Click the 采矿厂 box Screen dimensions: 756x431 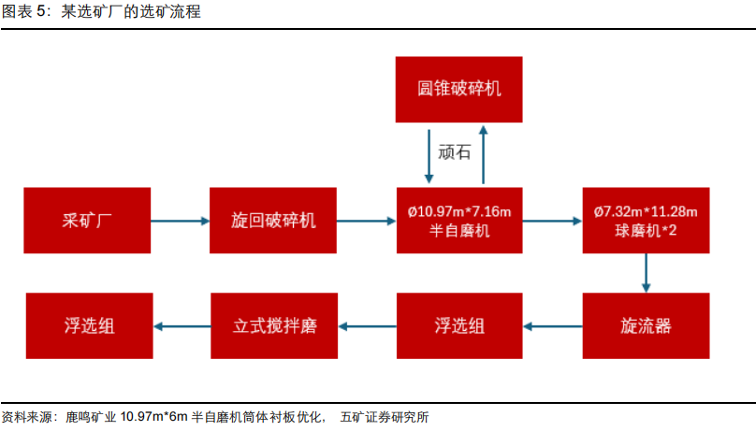[x=87, y=220]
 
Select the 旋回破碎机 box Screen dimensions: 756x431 [x=273, y=220]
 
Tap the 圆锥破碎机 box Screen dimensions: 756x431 [x=459, y=89]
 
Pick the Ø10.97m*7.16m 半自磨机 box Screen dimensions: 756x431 [x=459, y=220]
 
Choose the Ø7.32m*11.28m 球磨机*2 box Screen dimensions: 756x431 [x=647, y=220]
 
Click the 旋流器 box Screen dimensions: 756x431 [x=647, y=325]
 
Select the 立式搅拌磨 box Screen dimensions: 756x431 [x=274, y=325]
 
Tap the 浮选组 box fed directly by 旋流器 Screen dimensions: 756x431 [x=459, y=325]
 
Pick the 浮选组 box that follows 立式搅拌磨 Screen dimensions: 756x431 [x=89, y=325]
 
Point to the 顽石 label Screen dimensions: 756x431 [x=454, y=152]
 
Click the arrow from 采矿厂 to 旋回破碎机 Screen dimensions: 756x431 [x=181, y=221]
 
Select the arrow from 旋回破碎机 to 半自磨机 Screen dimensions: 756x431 [x=367, y=221]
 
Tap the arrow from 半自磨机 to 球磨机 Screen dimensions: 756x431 [x=553, y=221]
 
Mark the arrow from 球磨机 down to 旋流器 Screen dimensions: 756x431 [x=647, y=273]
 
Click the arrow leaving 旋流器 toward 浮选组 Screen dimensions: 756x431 [x=553, y=326]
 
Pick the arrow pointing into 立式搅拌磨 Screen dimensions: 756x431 [x=367, y=326]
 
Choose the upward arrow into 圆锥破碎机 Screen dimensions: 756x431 [x=483, y=154]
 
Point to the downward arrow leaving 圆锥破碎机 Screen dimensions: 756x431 [x=429, y=156]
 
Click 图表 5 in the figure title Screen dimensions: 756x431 [x=25, y=11]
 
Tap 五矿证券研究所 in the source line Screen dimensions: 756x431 [x=385, y=417]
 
